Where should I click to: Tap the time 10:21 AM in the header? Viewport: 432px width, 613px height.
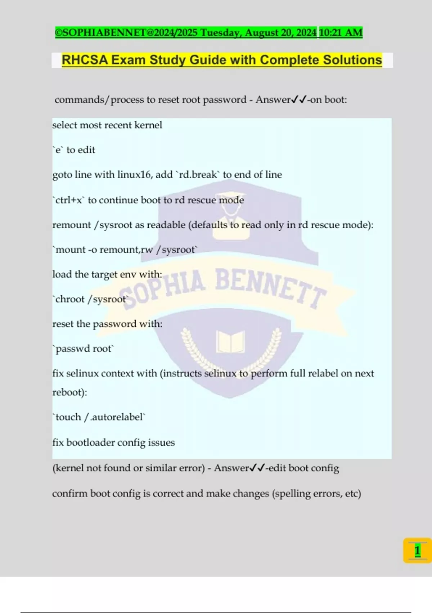(x=341, y=32)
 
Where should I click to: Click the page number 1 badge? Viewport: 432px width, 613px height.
(x=417, y=551)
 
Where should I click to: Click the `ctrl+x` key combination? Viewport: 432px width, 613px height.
(x=69, y=200)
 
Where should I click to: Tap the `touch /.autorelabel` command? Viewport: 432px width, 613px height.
(x=99, y=417)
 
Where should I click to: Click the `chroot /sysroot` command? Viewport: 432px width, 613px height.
(x=90, y=299)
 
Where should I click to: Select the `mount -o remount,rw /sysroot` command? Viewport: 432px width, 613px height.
(x=125, y=250)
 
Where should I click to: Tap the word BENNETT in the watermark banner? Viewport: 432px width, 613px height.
(x=270, y=287)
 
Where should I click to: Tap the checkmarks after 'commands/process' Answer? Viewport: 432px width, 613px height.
(x=299, y=100)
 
